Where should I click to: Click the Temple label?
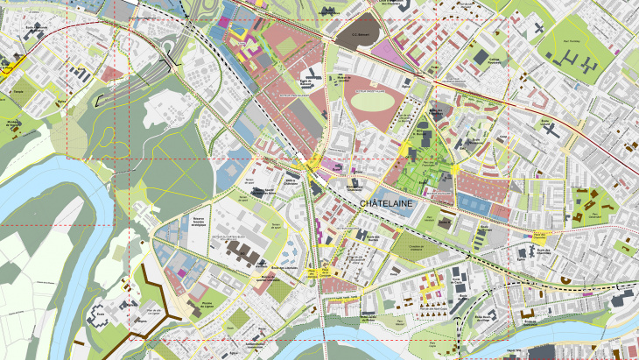17,90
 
